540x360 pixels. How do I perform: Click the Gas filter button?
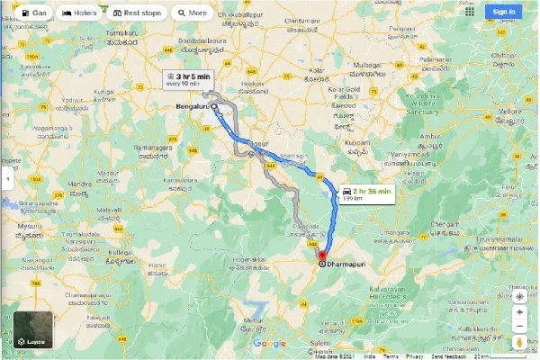click(31, 13)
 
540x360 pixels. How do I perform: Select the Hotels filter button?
click(79, 13)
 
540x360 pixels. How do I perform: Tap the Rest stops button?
click(136, 13)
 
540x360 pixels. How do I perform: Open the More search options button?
click(191, 13)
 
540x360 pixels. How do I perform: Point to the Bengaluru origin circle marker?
click(214, 105)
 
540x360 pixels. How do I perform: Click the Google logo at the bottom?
click(269, 343)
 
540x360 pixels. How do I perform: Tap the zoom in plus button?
click(519, 312)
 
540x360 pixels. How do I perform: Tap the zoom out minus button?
click(519, 328)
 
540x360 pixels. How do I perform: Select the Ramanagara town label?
click(155, 146)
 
